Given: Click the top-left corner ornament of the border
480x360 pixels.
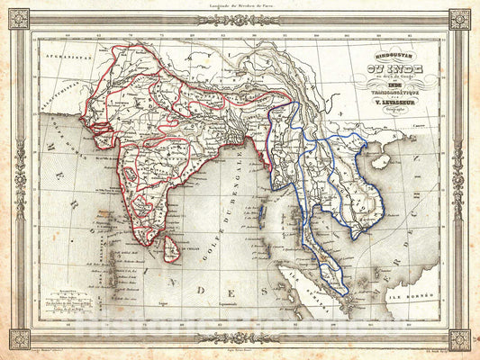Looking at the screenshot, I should pos(19,19).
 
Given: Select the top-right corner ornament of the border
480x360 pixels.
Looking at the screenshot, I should pos(460,19).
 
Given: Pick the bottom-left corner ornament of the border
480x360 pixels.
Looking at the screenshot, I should pos(19,339).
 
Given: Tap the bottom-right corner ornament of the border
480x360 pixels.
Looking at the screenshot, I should pos(460,339).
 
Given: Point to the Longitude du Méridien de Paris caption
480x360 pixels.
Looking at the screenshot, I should pos(239,5).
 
